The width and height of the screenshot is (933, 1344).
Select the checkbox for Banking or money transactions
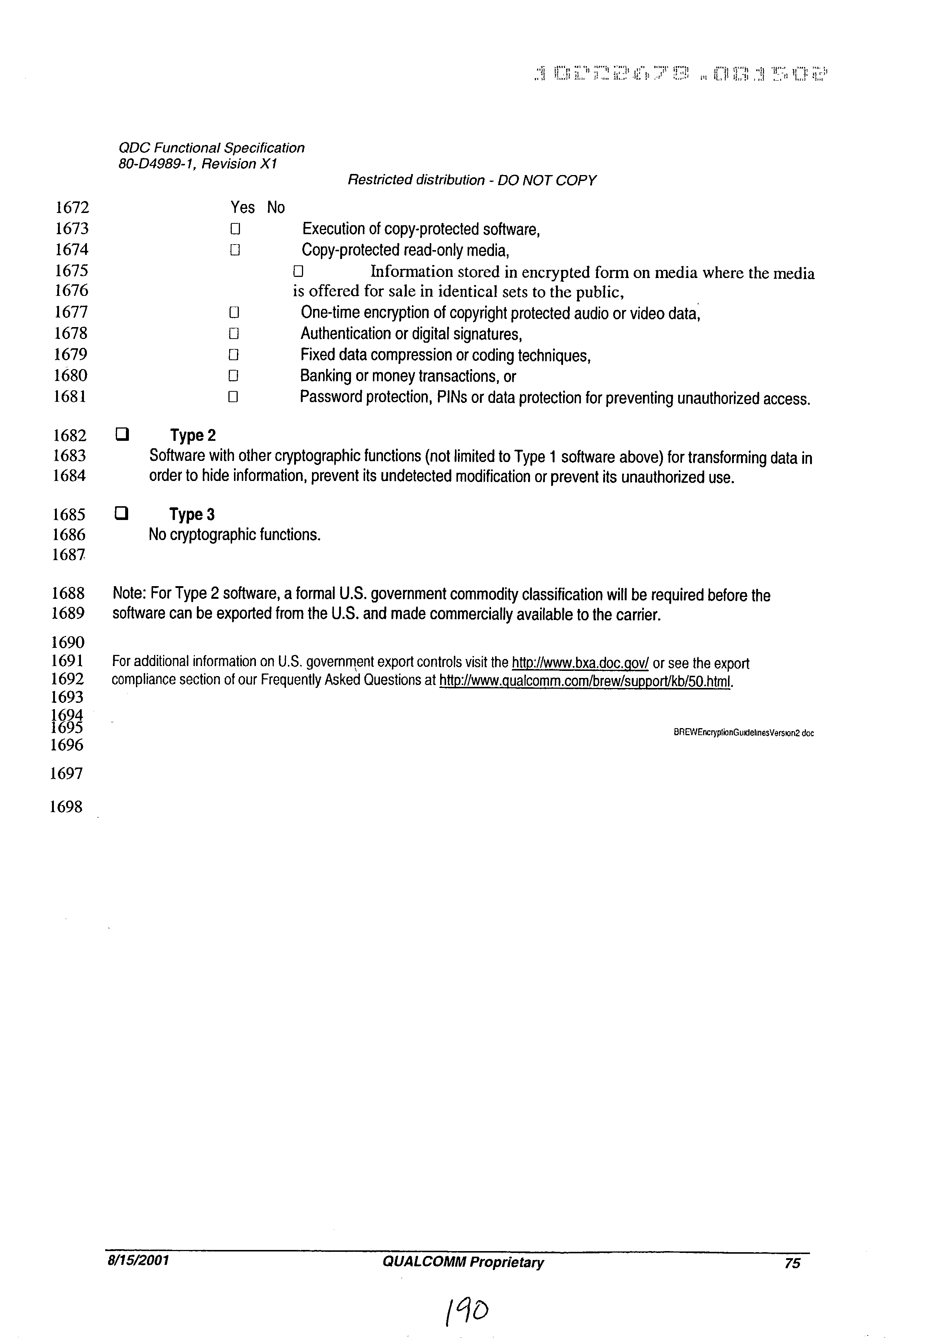(x=233, y=375)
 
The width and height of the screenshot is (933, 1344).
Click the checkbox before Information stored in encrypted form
(x=298, y=271)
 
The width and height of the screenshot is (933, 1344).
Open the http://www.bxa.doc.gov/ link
(x=580, y=663)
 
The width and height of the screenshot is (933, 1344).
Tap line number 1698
(x=66, y=807)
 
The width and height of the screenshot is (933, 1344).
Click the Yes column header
(x=243, y=208)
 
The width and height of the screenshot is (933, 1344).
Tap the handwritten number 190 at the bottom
(x=468, y=1311)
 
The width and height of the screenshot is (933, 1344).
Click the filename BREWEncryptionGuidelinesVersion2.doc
(x=743, y=733)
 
